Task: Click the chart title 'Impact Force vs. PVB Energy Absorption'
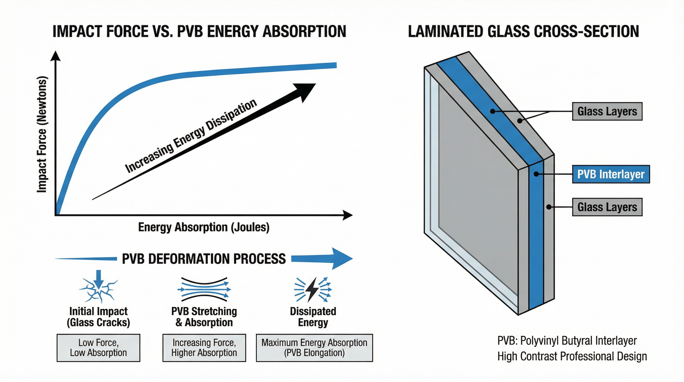coord(199,31)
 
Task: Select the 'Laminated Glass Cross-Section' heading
coord(523,31)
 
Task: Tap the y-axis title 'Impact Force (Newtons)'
coord(42,134)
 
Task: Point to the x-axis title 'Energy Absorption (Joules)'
coord(204,227)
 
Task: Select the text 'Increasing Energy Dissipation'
coord(191,136)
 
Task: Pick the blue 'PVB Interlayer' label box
coord(611,174)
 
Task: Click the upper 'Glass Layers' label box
coord(607,111)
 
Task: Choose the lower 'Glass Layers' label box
coord(607,207)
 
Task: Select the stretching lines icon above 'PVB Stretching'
coord(204,289)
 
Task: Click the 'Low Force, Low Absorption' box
coord(98,348)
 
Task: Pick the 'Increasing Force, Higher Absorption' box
coord(204,348)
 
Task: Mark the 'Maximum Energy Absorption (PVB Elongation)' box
coord(314,348)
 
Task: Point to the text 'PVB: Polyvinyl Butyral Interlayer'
coord(567,340)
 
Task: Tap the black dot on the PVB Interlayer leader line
coord(536,174)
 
